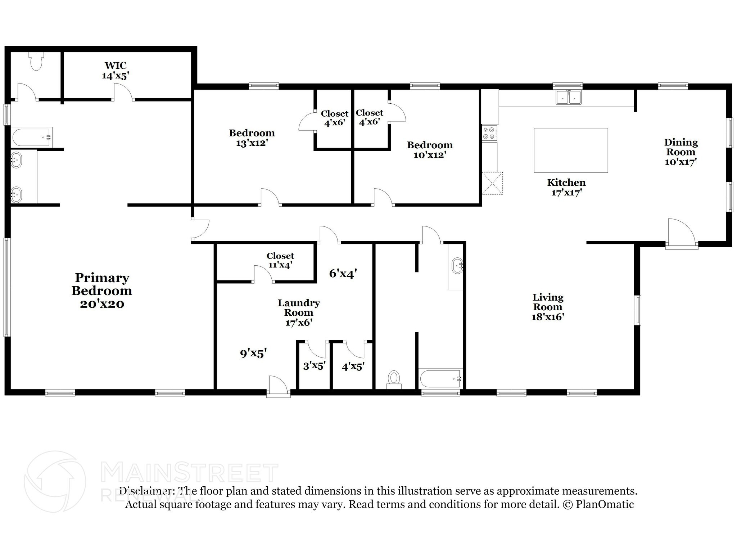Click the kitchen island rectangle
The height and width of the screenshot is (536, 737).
point(571,150)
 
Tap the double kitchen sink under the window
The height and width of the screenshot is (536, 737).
point(569,98)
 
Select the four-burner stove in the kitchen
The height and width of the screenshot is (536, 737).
point(490,133)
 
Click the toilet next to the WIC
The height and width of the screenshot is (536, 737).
point(36,61)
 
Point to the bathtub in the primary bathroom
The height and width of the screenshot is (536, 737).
point(32,137)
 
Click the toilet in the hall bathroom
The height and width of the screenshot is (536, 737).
point(394,379)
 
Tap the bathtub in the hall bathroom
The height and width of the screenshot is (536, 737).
point(440,379)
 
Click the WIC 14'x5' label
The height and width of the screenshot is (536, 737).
point(116,71)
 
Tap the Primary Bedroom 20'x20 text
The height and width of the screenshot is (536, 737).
point(102,290)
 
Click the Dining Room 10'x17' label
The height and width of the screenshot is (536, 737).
point(681,152)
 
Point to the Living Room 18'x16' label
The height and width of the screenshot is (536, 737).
point(548,307)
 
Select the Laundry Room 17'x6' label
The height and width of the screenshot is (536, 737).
point(298,312)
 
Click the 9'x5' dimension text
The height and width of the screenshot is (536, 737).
point(253,353)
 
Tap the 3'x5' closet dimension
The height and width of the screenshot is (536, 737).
point(314,366)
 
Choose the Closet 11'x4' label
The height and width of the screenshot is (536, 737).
point(280,260)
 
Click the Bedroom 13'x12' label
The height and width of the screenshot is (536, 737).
point(252,138)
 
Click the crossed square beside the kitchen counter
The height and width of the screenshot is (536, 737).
point(492,184)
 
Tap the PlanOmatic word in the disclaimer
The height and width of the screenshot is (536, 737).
point(605,504)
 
